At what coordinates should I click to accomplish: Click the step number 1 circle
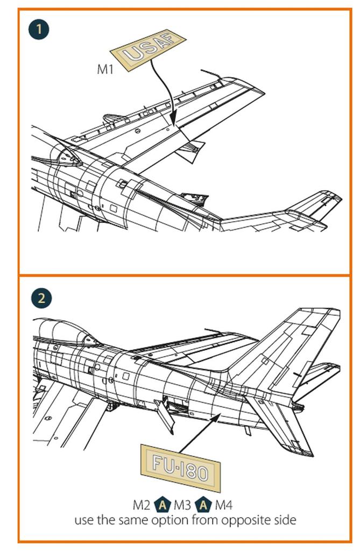(39, 29)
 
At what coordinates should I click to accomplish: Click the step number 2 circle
(41, 298)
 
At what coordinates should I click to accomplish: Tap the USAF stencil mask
(147, 48)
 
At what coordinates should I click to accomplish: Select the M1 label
(105, 69)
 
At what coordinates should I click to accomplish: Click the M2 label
(143, 505)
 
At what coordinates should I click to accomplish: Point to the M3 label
(183, 505)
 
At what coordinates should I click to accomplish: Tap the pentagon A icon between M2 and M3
(163, 505)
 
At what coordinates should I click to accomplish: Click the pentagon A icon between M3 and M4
(203, 505)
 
